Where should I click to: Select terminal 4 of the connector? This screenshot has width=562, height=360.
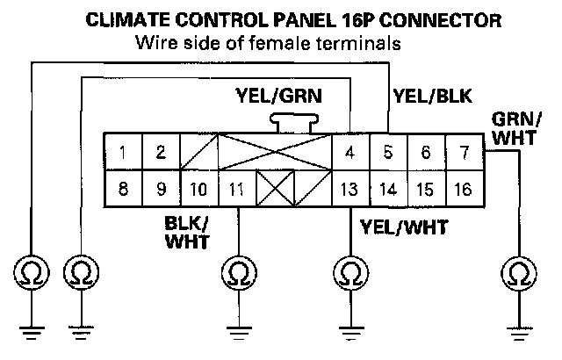[x=350, y=152]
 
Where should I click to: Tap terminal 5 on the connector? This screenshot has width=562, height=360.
[x=388, y=152]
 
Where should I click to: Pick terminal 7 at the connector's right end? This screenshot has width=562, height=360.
[x=464, y=152]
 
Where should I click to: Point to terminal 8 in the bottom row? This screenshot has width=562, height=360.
[x=124, y=189]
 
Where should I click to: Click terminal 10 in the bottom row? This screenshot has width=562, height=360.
[x=199, y=189]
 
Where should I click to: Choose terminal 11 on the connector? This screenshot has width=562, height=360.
[x=236, y=189]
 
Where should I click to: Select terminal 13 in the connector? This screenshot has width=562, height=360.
[x=350, y=189]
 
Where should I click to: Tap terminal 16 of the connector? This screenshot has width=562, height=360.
[x=464, y=189]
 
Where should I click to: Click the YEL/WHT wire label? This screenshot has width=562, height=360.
[x=404, y=228]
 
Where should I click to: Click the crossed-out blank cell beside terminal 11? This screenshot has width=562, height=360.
[x=275, y=189]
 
